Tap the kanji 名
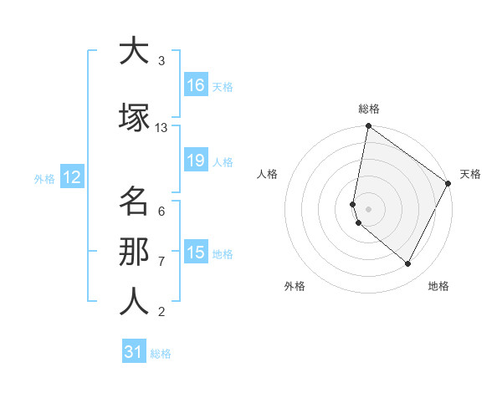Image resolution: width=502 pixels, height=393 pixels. [134, 202]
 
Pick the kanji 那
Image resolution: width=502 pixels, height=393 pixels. [134, 252]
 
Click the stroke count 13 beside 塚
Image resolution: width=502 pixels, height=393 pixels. [161, 127]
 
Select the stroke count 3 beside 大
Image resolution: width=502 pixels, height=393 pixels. [161, 60]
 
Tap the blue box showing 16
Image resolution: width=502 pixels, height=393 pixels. [195, 84]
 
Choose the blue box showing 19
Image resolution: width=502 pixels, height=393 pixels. [195, 161]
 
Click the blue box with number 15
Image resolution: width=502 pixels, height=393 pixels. [195, 253]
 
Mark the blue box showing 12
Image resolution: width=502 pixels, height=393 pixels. [72, 177]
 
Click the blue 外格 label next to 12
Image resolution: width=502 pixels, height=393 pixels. [44, 178]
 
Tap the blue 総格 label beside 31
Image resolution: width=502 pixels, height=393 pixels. [161, 354]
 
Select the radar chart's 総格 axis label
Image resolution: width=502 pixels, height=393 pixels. [368, 109]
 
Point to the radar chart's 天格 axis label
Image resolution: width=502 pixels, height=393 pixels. [470, 174]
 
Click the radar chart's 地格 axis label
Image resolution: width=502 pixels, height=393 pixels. [438, 286]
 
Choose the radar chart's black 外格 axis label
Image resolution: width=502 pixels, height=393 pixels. [295, 286]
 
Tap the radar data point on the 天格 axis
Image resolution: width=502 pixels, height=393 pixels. [448, 183]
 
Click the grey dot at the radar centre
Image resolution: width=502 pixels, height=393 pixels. [368, 208]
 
